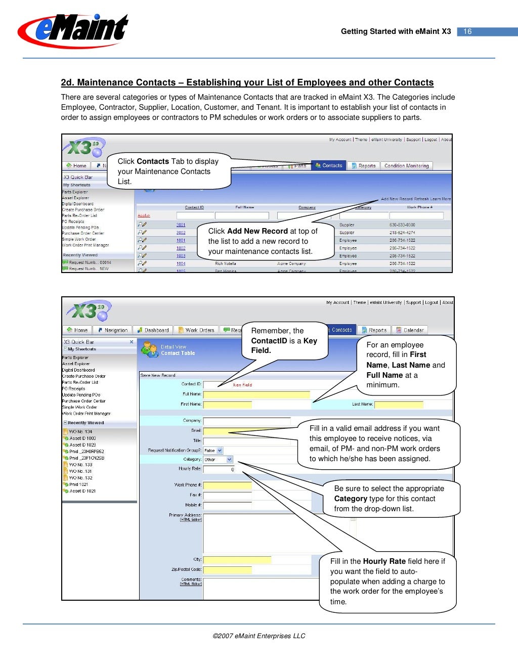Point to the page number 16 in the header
coord(467,31)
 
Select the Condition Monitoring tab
coord(406,166)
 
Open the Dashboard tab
coord(153,330)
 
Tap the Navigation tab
coord(113,330)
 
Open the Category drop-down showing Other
coord(218,460)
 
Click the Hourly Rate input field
coord(219,469)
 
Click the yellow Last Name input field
coord(398,404)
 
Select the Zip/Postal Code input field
coord(227,570)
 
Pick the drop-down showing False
coord(213,451)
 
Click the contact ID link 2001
coord(181,225)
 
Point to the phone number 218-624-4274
coord(402,233)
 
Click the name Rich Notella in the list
coord(226,263)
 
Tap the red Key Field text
coord(242,385)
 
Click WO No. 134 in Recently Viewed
coord(80,432)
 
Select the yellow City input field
coord(237,560)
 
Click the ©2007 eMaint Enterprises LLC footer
coord(258,636)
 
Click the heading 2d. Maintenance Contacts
coord(247,82)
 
